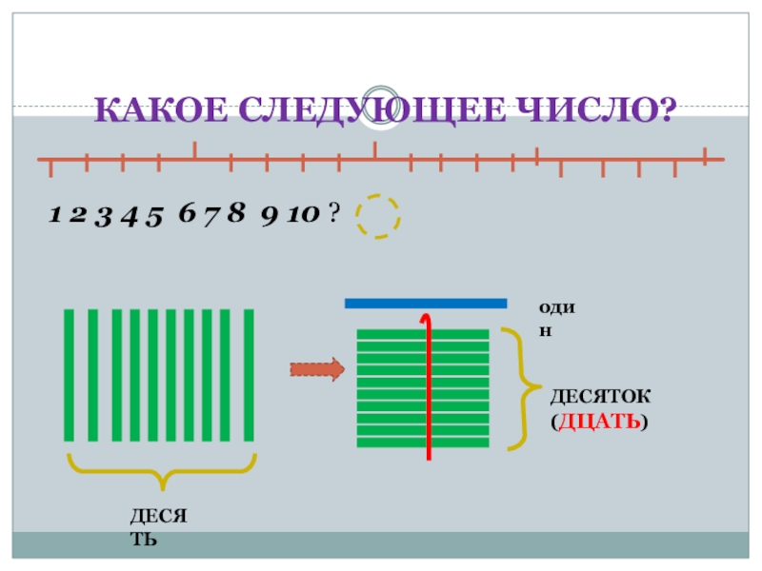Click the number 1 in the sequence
point(55,216)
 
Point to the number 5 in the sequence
point(156,216)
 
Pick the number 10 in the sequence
point(303,216)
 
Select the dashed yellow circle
point(378,217)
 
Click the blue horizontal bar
point(425,304)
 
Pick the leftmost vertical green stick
point(69,375)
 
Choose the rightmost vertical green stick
point(250,375)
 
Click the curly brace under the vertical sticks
point(161,468)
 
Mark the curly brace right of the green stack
point(518,388)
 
